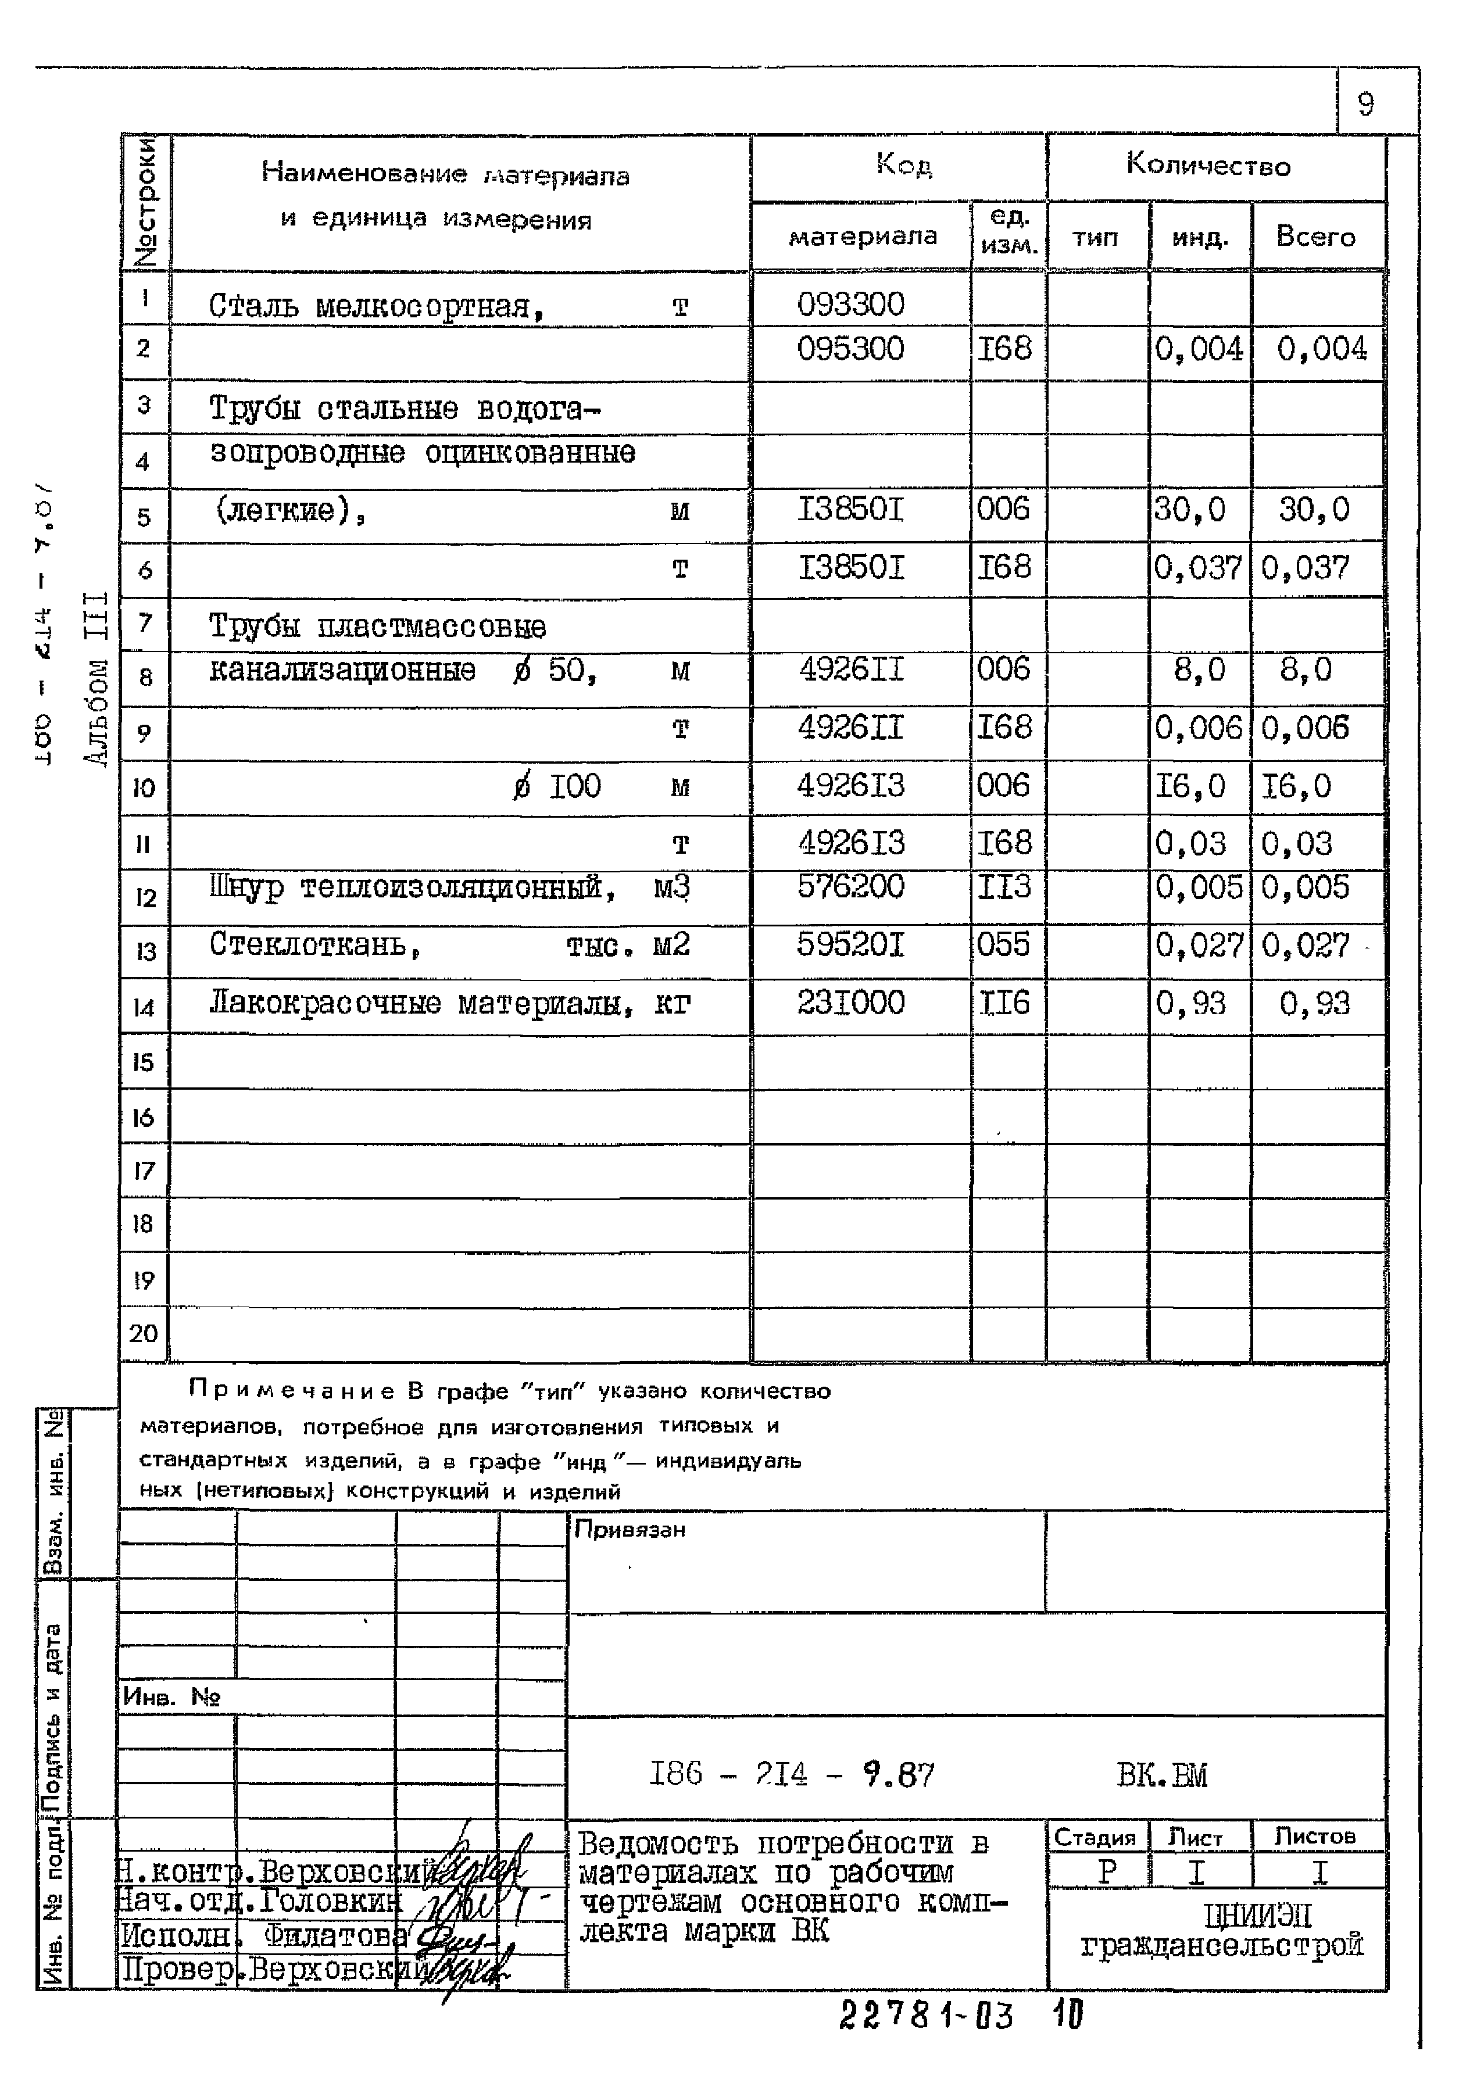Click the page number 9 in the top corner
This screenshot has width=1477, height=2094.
pyautogui.click(x=1365, y=104)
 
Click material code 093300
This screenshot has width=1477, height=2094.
pyautogui.click(x=850, y=304)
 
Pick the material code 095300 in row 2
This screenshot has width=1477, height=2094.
pyautogui.click(x=850, y=348)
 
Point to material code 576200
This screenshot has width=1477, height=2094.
pyautogui.click(x=850, y=886)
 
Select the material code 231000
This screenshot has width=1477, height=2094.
pyautogui.click(x=850, y=1003)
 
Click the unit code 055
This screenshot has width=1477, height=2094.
pyautogui.click(x=1003, y=945)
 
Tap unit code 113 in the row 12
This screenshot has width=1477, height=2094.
pyautogui.click(x=1003, y=886)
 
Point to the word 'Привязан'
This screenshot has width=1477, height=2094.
pyautogui.click(x=630, y=1530)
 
